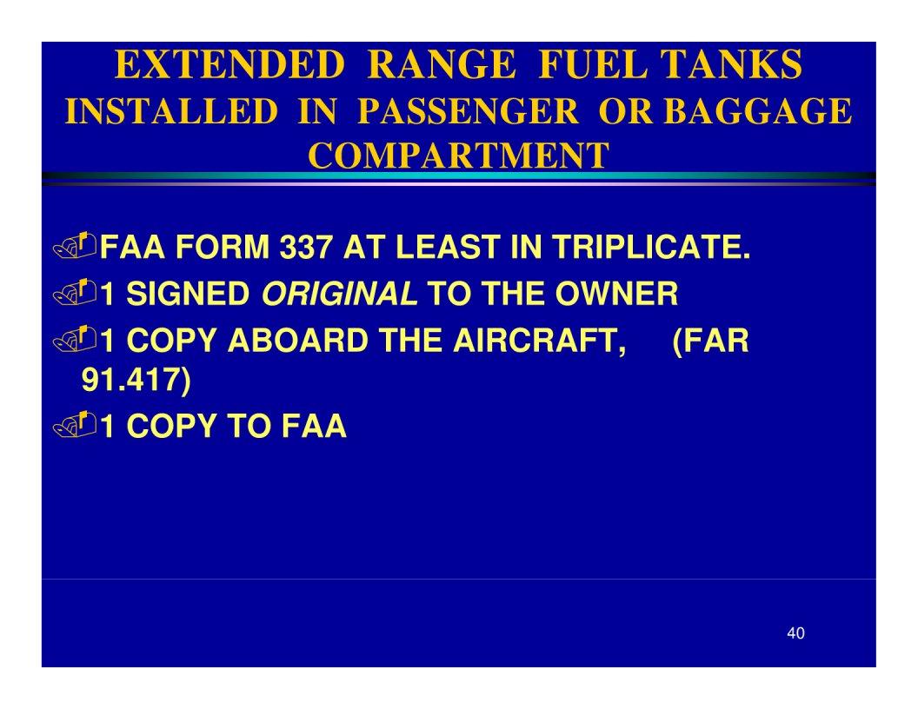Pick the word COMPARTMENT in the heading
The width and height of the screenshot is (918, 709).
pyautogui.click(x=459, y=156)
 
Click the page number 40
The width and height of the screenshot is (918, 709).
pyautogui.click(x=795, y=633)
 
